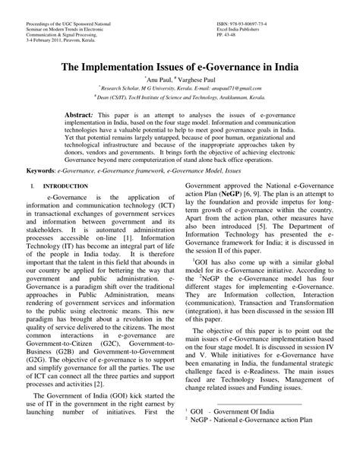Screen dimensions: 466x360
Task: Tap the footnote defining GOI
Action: point(228,430)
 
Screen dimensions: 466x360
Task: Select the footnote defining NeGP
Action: point(251,439)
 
